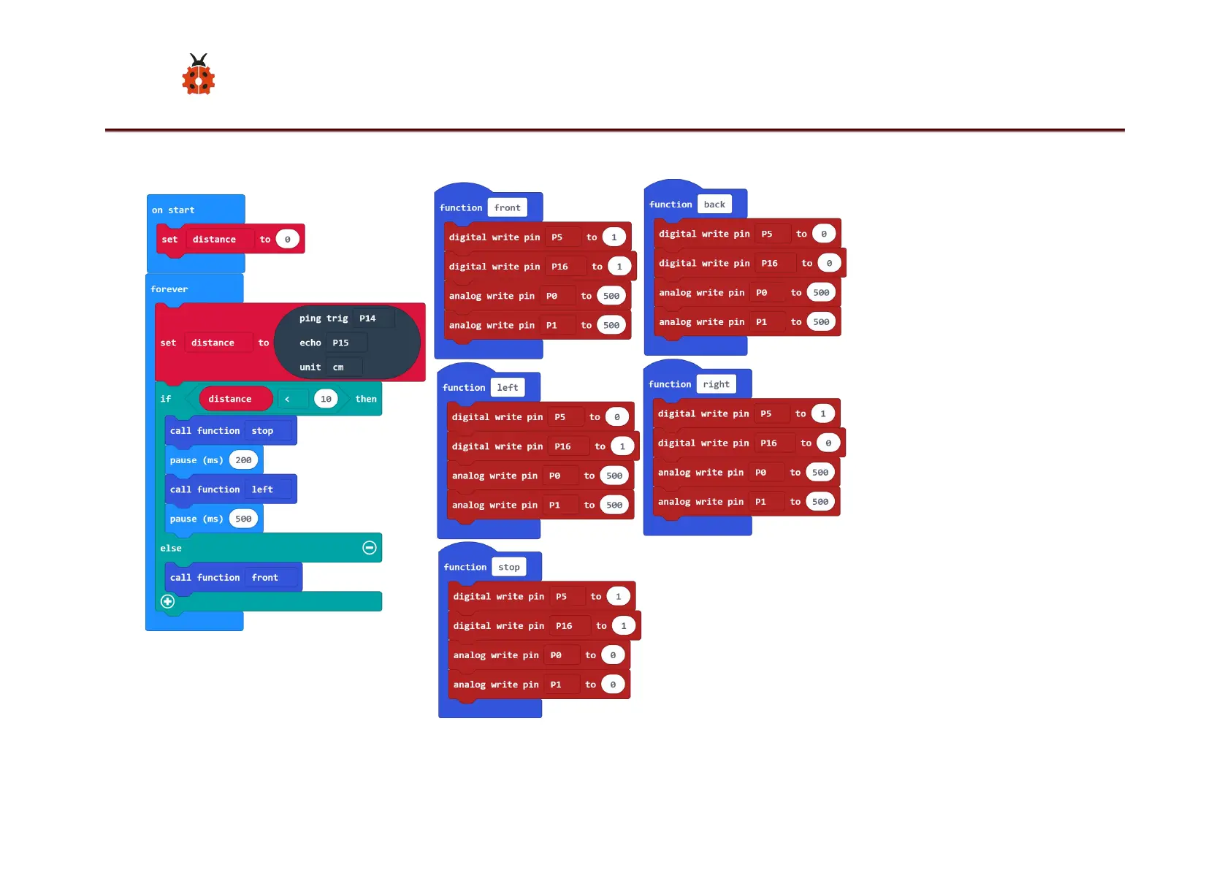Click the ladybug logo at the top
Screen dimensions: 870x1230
(x=198, y=75)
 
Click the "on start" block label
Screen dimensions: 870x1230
(x=173, y=210)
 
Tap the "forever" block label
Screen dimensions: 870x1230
(x=169, y=289)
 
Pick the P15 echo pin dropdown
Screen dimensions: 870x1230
(x=345, y=343)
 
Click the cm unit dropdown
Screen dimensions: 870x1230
(x=343, y=367)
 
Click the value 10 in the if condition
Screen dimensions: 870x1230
(x=326, y=399)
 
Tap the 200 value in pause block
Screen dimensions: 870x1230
(x=243, y=460)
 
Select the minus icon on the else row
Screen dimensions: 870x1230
(x=370, y=548)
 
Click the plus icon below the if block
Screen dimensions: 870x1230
(x=167, y=601)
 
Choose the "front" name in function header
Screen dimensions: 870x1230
(x=507, y=208)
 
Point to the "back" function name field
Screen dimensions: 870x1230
(x=714, y=205)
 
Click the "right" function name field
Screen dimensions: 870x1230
(x=716, y=384)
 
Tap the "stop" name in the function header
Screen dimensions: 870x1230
(x=509, y=567)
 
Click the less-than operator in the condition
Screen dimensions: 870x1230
(x=288, y=399)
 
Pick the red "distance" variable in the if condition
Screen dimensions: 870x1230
(x=230, y=399)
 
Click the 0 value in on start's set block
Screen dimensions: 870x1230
(x=288, y=240)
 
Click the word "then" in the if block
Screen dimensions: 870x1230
(x=366, y=399)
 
